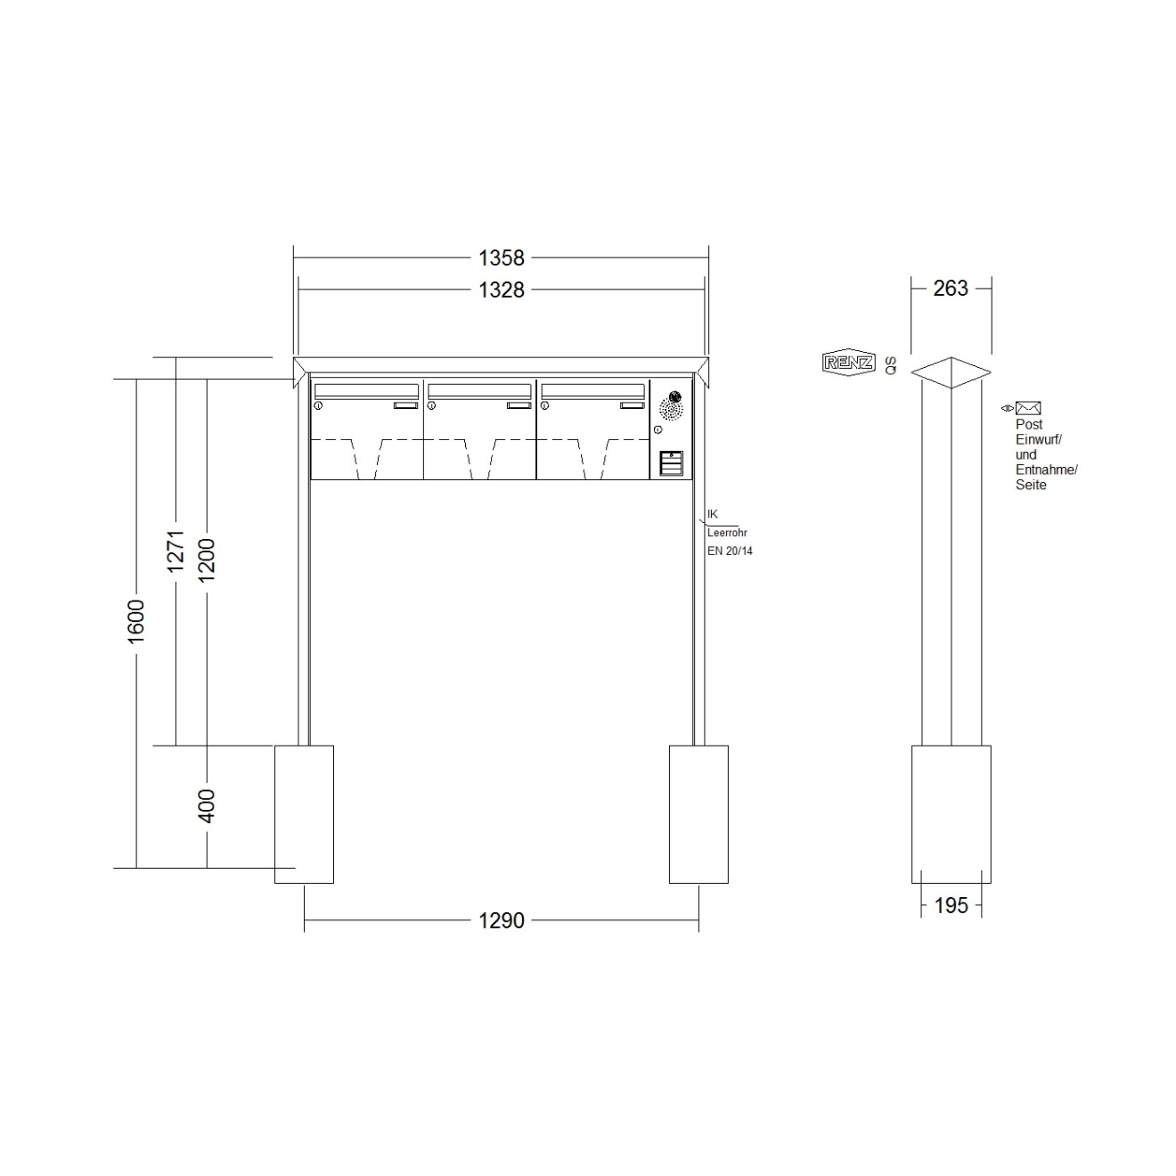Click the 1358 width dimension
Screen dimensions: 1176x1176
tap(501, 258)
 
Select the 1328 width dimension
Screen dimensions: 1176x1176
tap(501, 290)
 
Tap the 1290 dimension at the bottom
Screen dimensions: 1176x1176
tap(501, 920)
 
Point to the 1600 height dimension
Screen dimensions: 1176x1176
tap(135, 621)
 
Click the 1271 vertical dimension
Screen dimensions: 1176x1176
tap(176, 551)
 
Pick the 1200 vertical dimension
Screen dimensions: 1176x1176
tap(207, 559)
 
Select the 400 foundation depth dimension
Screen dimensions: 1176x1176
tap(207, 805)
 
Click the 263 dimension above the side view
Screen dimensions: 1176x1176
tap(951, 288)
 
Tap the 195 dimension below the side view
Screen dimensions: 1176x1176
tap(951, 906)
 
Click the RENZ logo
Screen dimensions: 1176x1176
tap(848, 363)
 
